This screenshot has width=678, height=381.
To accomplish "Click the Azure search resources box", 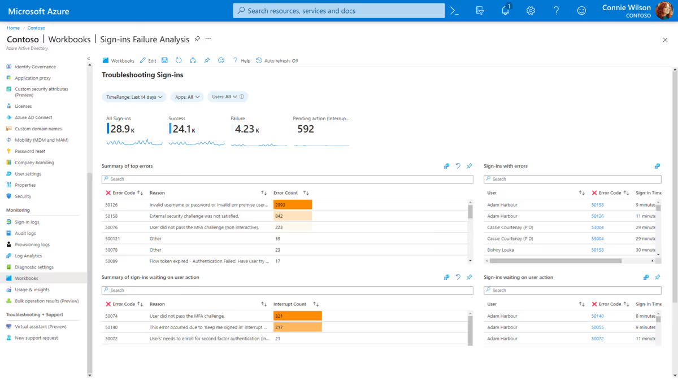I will pyautogui.click(x=339, y=11).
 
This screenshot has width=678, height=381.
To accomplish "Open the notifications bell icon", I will pyautogui.click(x=505, y=11).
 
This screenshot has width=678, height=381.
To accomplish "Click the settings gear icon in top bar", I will pyautogui.click(x=531, y=11).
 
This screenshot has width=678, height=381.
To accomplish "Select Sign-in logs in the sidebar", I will pyautogui.click(x=27, y=222).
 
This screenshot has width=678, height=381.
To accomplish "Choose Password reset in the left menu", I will pyautogui.click(x=29, y=151).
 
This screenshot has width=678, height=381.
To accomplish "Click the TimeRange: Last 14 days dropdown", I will pyautogui.click(x=134, y=97).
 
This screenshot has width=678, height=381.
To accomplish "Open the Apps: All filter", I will pyautogui.click(x=187, y=97).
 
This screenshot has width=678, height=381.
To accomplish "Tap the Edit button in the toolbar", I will pyautogui.click(x=148, y=60).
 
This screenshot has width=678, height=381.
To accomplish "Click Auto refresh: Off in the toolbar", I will pyautogui.click(x=277, y=60).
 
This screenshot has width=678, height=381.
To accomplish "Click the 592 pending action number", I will pyautogui.click(x=305, y=129).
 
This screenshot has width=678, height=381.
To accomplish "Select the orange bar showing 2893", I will pyautogui.click(x=293, y=205).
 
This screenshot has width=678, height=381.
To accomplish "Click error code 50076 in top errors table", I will pyautogui.click(x=111, y=227).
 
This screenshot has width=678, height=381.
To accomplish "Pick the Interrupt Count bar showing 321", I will pyautogui.click(x=297, y=316).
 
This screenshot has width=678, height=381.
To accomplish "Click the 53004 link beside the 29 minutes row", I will pyautogui.click(x=597, y=227).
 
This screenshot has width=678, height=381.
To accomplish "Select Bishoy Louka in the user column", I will pyautogui.click(x=500, y=250).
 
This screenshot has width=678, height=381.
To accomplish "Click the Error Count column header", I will pyautogui.click(x=285, y=193).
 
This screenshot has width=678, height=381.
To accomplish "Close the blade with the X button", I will pyautogui.click(x=665, y=40).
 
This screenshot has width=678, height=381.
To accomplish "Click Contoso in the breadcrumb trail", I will pyautogui.click(x=36, y=28).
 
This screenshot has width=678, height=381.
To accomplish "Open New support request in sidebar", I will pyautogui.click(x=36, y=338).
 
